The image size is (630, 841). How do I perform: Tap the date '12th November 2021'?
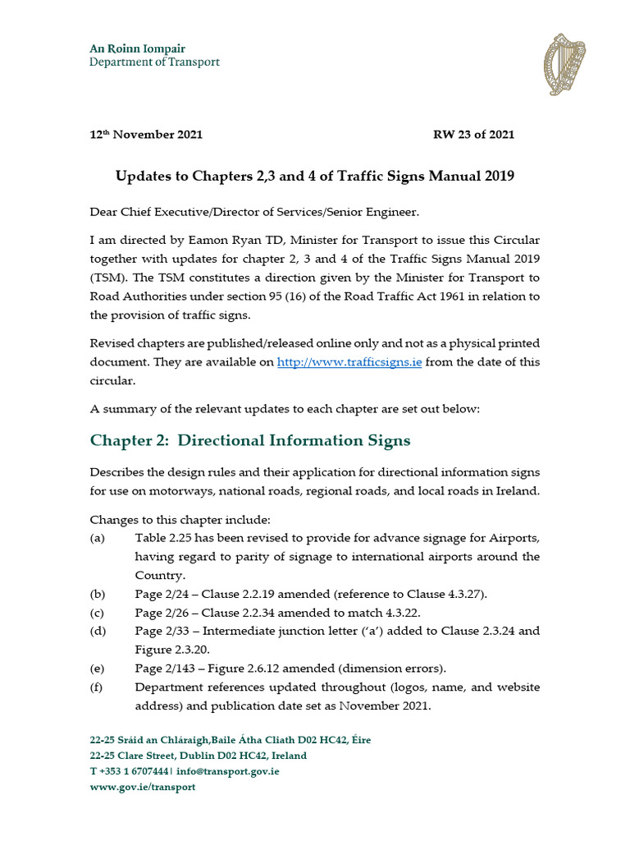coord(146,135)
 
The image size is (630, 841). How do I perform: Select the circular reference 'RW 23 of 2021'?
coord(473,135)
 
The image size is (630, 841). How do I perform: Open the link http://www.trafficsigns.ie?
coord(349,362)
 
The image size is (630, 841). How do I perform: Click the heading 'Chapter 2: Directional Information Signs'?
coord(250,441)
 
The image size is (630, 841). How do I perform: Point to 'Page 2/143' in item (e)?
coord(165,668)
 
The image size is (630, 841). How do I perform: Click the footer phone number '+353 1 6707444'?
coord(135,771)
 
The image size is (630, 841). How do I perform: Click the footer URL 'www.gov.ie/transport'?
coord(143,787)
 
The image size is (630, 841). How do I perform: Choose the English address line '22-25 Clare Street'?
coord(140,756)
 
